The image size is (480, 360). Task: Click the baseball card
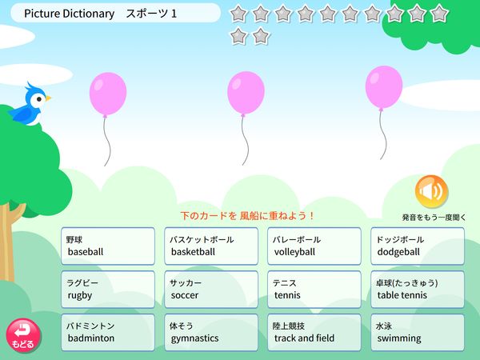108,246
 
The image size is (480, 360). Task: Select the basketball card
211,246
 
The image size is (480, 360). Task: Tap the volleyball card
314,246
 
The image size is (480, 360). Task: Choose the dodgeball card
418,246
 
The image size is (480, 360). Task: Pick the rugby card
108,289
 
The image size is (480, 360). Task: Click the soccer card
211,289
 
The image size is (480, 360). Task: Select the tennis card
314,289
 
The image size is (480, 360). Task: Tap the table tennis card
418,289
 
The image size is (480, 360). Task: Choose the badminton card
108,332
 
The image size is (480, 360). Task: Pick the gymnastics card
211,332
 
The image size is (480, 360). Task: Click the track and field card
314,332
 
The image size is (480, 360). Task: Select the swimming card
418,332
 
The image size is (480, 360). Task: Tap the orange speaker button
431,191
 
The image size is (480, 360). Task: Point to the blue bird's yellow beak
48,98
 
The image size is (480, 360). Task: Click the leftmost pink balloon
107,93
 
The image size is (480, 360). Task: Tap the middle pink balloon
245,93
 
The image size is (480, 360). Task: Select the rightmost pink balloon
383,86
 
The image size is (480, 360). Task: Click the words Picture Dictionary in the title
69,13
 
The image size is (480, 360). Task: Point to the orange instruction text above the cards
247,216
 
